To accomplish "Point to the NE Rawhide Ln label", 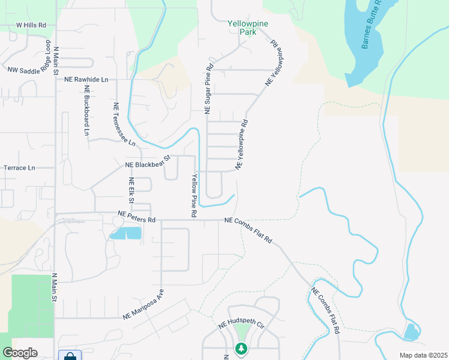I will [x=86, y=79].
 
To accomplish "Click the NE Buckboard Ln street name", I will [x=87, y=114].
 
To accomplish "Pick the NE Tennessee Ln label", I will [x=125, y=124].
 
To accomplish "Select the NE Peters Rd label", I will [x=137, y=217].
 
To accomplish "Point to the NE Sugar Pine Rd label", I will [x=209, y=89].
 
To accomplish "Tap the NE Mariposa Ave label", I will [x=144, y=305].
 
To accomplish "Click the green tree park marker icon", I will [x=241, y=348].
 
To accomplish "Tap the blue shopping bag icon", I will [x=70, y=356].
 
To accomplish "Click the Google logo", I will [x=20, y=353].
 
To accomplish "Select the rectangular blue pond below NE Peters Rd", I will [x=126, y=233].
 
